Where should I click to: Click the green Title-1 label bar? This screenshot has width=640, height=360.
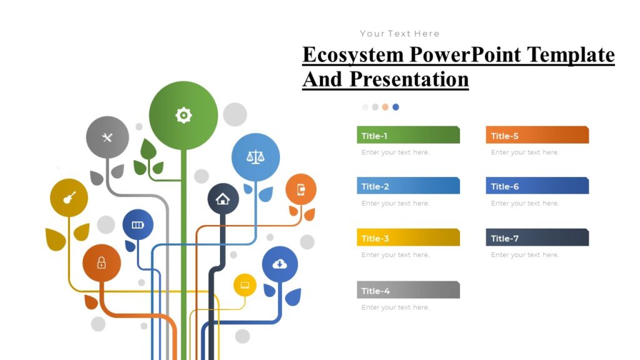click(x=408, y=136)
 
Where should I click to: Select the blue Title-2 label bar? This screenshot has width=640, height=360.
click(x=408, y=186)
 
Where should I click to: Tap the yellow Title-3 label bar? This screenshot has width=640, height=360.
click(x=408, y=238)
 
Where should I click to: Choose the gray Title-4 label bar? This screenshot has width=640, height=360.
click(x=408, y=291)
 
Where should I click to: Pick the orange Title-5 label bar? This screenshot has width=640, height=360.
click(x=537, y=136)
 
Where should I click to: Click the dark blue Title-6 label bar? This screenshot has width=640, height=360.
click(x=537, y=186)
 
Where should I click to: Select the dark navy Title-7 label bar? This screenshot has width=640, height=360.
click(x=537, y=238)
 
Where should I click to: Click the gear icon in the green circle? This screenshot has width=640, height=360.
click(x=183, y=115)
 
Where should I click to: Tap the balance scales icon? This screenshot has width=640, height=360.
click(x=255, y=156)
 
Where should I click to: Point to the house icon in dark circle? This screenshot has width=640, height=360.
click(x=222, y=199)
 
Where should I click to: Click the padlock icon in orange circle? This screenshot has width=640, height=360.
click(x=101, y=263)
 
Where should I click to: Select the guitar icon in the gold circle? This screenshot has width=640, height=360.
click(x=69, y=197)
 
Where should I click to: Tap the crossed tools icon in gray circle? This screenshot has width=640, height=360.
click(x=107, y=137)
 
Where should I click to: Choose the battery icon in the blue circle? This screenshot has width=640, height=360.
click(x=137, y=225)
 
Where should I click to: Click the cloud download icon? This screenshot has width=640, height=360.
click(x=280, y=264)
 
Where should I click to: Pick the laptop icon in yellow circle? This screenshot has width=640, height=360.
click(x=245, y=286)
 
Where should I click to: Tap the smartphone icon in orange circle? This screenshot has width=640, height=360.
click(x=301, y=189)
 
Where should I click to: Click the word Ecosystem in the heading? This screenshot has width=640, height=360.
click(x=353, y=55)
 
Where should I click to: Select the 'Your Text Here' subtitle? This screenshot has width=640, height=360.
click(x=399, y=34)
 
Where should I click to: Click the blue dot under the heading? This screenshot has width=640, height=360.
click(x=396, y=107)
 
